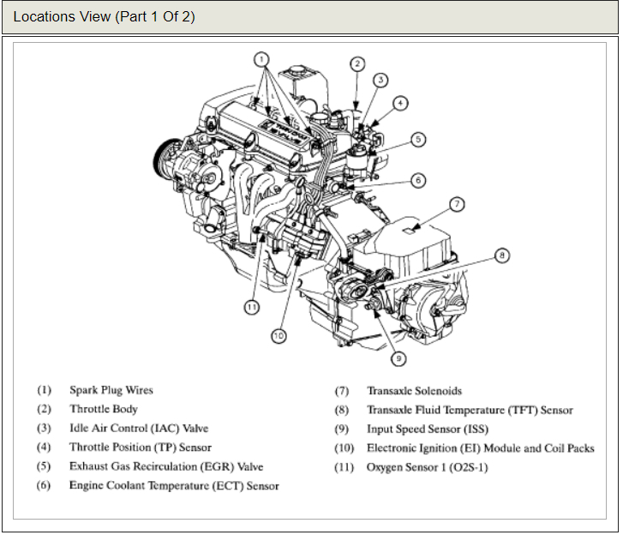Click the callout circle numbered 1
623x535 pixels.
262,59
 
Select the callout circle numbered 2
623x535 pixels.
357,63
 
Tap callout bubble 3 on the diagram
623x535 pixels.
381,80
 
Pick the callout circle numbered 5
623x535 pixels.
417,139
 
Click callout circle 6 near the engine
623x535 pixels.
417,180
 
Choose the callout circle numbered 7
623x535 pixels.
457,204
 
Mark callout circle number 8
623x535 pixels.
502,255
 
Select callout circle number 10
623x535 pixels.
278,336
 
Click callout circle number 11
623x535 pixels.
250,305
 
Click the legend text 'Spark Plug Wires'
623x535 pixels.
111,390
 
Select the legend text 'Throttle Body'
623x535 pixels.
103,409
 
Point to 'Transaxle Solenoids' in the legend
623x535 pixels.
414,391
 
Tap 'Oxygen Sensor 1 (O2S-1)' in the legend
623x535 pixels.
427,466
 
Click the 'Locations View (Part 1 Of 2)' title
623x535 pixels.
104,17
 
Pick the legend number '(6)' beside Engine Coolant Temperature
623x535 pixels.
44,485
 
